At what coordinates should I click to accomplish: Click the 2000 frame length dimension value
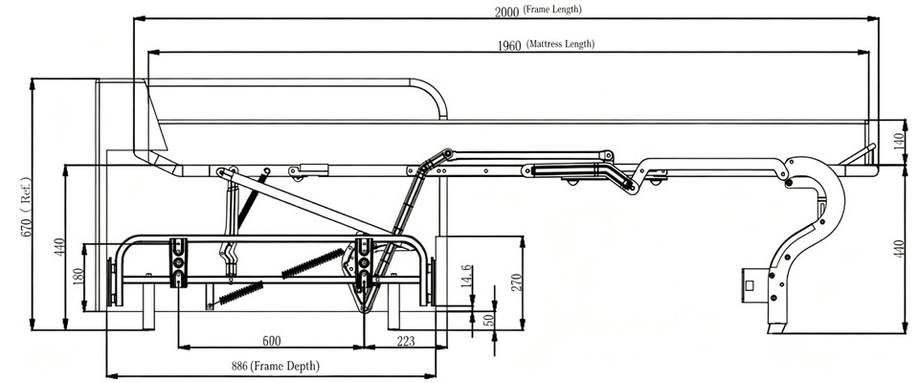coord(507,11)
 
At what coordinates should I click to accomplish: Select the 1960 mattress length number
coord(509,45)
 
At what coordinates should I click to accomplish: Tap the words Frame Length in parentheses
coord(552,10)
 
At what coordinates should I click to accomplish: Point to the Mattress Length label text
coord(560,44)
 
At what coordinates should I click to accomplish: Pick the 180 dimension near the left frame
coord(78,277)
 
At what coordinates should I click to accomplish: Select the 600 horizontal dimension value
coord(271,341)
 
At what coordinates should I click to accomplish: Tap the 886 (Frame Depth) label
coord(276,367)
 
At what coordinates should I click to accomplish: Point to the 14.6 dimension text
coord(466,276)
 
